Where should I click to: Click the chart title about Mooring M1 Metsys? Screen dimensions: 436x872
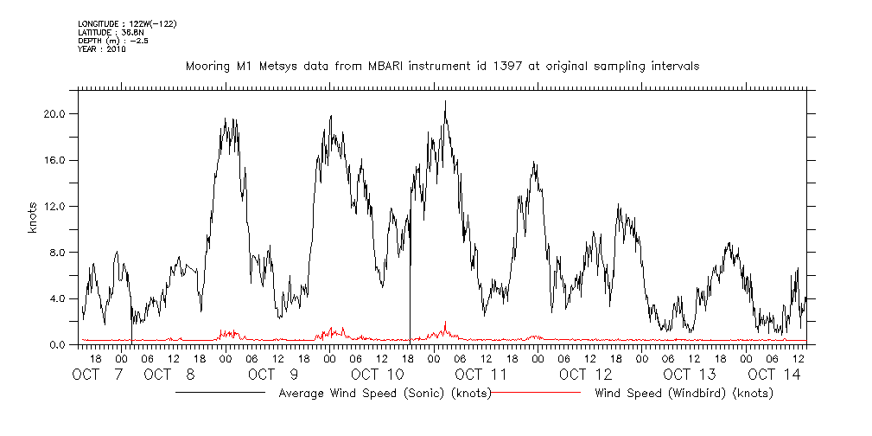click(442, 66)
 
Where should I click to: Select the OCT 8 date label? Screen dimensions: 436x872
click(169, 375)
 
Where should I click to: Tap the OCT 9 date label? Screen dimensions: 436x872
click(273, 375)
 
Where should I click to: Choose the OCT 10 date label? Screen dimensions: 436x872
click(378, 375)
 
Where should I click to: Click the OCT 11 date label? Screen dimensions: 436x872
click(481, 375)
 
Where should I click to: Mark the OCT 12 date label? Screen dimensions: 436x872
click(585, 375)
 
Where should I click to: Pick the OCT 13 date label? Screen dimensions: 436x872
click(690, 375)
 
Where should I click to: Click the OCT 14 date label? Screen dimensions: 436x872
click(774, 375)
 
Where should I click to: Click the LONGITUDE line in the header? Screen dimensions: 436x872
click(127, 23)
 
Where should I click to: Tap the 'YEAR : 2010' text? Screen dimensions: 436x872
click(102, 48)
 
